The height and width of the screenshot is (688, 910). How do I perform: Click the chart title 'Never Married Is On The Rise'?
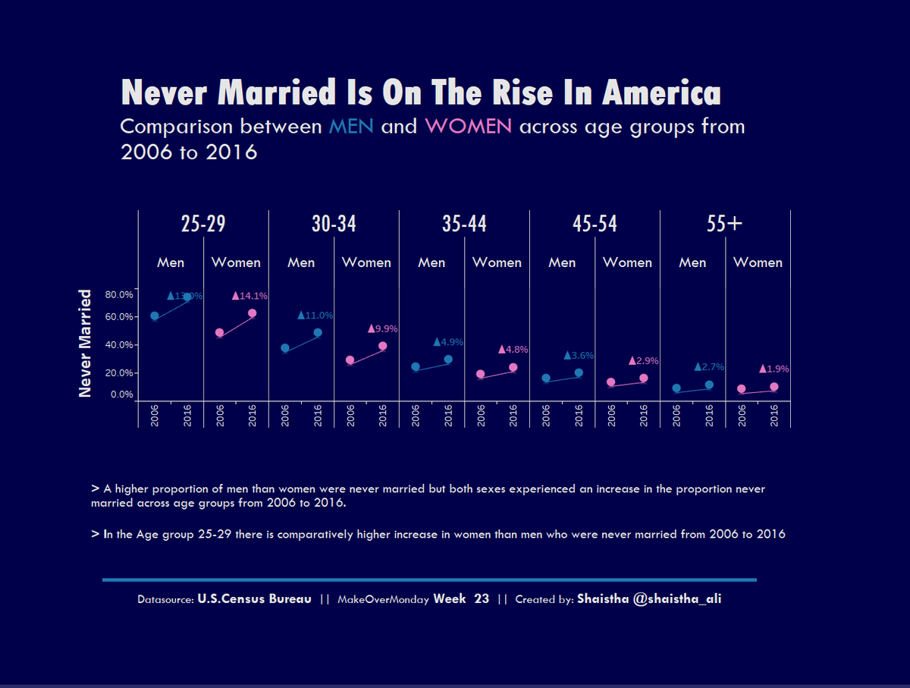point(421,93)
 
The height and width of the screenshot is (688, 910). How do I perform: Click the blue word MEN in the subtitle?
point(350,126)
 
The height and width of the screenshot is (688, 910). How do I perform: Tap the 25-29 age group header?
point(203,224)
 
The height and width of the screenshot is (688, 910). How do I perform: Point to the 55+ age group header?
point(724,224)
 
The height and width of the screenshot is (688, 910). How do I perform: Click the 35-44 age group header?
point(464,224)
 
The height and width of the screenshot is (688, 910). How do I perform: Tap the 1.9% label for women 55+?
point(774,369)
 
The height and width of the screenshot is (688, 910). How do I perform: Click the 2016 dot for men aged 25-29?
point(187,297)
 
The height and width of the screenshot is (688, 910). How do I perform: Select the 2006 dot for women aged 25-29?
point(220,333)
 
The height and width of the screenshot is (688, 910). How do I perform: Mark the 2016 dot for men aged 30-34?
point(318,332)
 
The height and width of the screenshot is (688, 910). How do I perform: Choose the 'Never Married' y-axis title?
point(86,343)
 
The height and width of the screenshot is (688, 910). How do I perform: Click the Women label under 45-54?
point(627,262)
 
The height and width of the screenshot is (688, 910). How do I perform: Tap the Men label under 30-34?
point(301,262)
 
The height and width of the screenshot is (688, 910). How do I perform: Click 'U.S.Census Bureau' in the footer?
point(254,599)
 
